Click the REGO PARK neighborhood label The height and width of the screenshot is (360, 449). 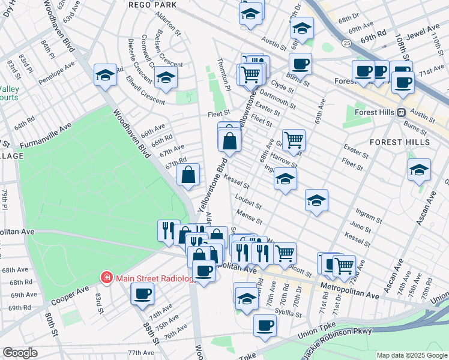point(152,4)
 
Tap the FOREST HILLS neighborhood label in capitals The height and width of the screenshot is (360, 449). point(399,142)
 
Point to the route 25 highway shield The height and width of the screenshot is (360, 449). point(346,43)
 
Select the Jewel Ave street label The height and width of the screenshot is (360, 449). point(426,31)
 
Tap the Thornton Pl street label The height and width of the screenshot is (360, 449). point(223,76)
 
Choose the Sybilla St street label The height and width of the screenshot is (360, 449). point(289,313)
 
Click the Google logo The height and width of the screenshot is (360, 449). point(20,353)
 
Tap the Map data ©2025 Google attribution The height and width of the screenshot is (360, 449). point(411,355)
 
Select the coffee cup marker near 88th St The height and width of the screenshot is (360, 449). point(142,293)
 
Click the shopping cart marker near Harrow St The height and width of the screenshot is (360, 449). point(294,140)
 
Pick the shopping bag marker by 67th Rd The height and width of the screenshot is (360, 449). point(188,175)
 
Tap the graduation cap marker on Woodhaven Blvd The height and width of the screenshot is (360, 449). point(106,74)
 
